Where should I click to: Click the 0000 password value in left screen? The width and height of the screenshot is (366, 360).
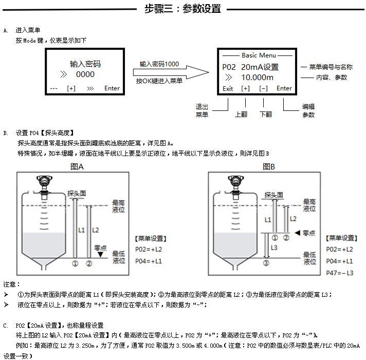85,75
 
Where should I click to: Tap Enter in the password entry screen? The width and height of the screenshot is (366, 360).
112,88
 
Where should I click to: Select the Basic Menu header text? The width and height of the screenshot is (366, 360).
259,55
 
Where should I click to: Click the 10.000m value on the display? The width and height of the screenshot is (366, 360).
257,78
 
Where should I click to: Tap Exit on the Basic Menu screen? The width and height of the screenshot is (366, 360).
228,88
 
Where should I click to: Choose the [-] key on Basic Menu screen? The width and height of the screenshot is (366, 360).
264,88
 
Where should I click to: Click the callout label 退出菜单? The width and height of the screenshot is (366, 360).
202,110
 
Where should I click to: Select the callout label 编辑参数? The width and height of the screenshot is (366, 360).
308,110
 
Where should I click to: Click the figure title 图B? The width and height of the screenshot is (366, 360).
269,167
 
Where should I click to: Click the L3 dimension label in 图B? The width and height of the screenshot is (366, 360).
273,248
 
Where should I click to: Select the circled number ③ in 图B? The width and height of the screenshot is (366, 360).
266,263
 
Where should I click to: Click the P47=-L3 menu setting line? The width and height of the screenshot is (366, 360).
340,273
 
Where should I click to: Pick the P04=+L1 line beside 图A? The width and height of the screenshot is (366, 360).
148,261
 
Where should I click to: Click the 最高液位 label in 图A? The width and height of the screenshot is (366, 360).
118,206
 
